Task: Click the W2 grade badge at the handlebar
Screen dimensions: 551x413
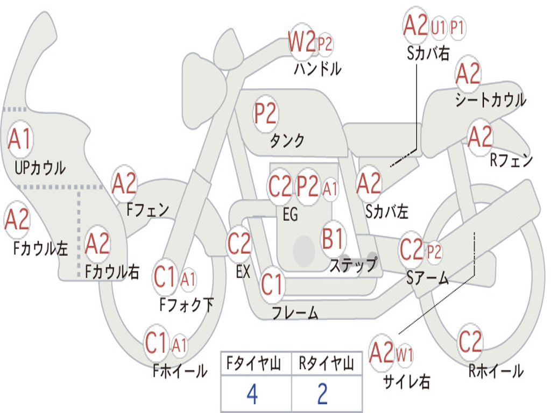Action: [302, 42]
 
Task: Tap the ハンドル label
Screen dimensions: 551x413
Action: [317, 68]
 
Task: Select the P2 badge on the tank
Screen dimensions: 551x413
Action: [266, 114]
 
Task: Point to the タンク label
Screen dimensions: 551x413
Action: [287, 140]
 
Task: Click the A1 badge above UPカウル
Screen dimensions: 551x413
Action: [20, 139]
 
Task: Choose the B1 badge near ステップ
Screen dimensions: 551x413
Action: [333, 239]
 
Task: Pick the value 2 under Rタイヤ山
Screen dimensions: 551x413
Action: [323, 394]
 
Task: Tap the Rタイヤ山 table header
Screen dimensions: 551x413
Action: [327, 363]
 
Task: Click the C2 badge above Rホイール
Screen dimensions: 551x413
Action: [470, 341]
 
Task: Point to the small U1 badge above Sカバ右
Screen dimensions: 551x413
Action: [438, 27]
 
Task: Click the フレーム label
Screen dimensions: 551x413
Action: [295, 312]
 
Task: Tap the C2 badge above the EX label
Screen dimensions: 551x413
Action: [239, 244]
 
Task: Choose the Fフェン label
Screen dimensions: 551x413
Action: [147, 210]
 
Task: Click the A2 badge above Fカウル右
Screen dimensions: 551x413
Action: [97, 244]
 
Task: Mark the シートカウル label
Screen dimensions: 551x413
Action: [491, 99]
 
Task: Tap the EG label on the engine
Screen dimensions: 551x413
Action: [290, 214]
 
